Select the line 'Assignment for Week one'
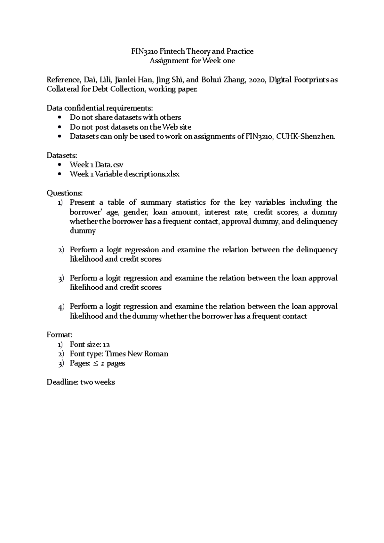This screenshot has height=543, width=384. tap(192, 61)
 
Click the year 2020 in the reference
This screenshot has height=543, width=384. tap(256, 80)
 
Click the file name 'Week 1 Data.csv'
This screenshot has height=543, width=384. tap(96, 165)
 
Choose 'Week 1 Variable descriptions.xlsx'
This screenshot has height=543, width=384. tap(124, 174)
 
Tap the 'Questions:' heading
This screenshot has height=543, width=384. tap(65, 193)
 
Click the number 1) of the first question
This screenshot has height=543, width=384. tap(61, 203)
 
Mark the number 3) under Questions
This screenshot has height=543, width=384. tap(61, 279)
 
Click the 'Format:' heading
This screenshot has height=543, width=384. tap(60, 335)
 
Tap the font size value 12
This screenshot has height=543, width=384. tap(107, 345)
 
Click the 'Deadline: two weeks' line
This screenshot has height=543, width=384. tap(81, 382)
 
